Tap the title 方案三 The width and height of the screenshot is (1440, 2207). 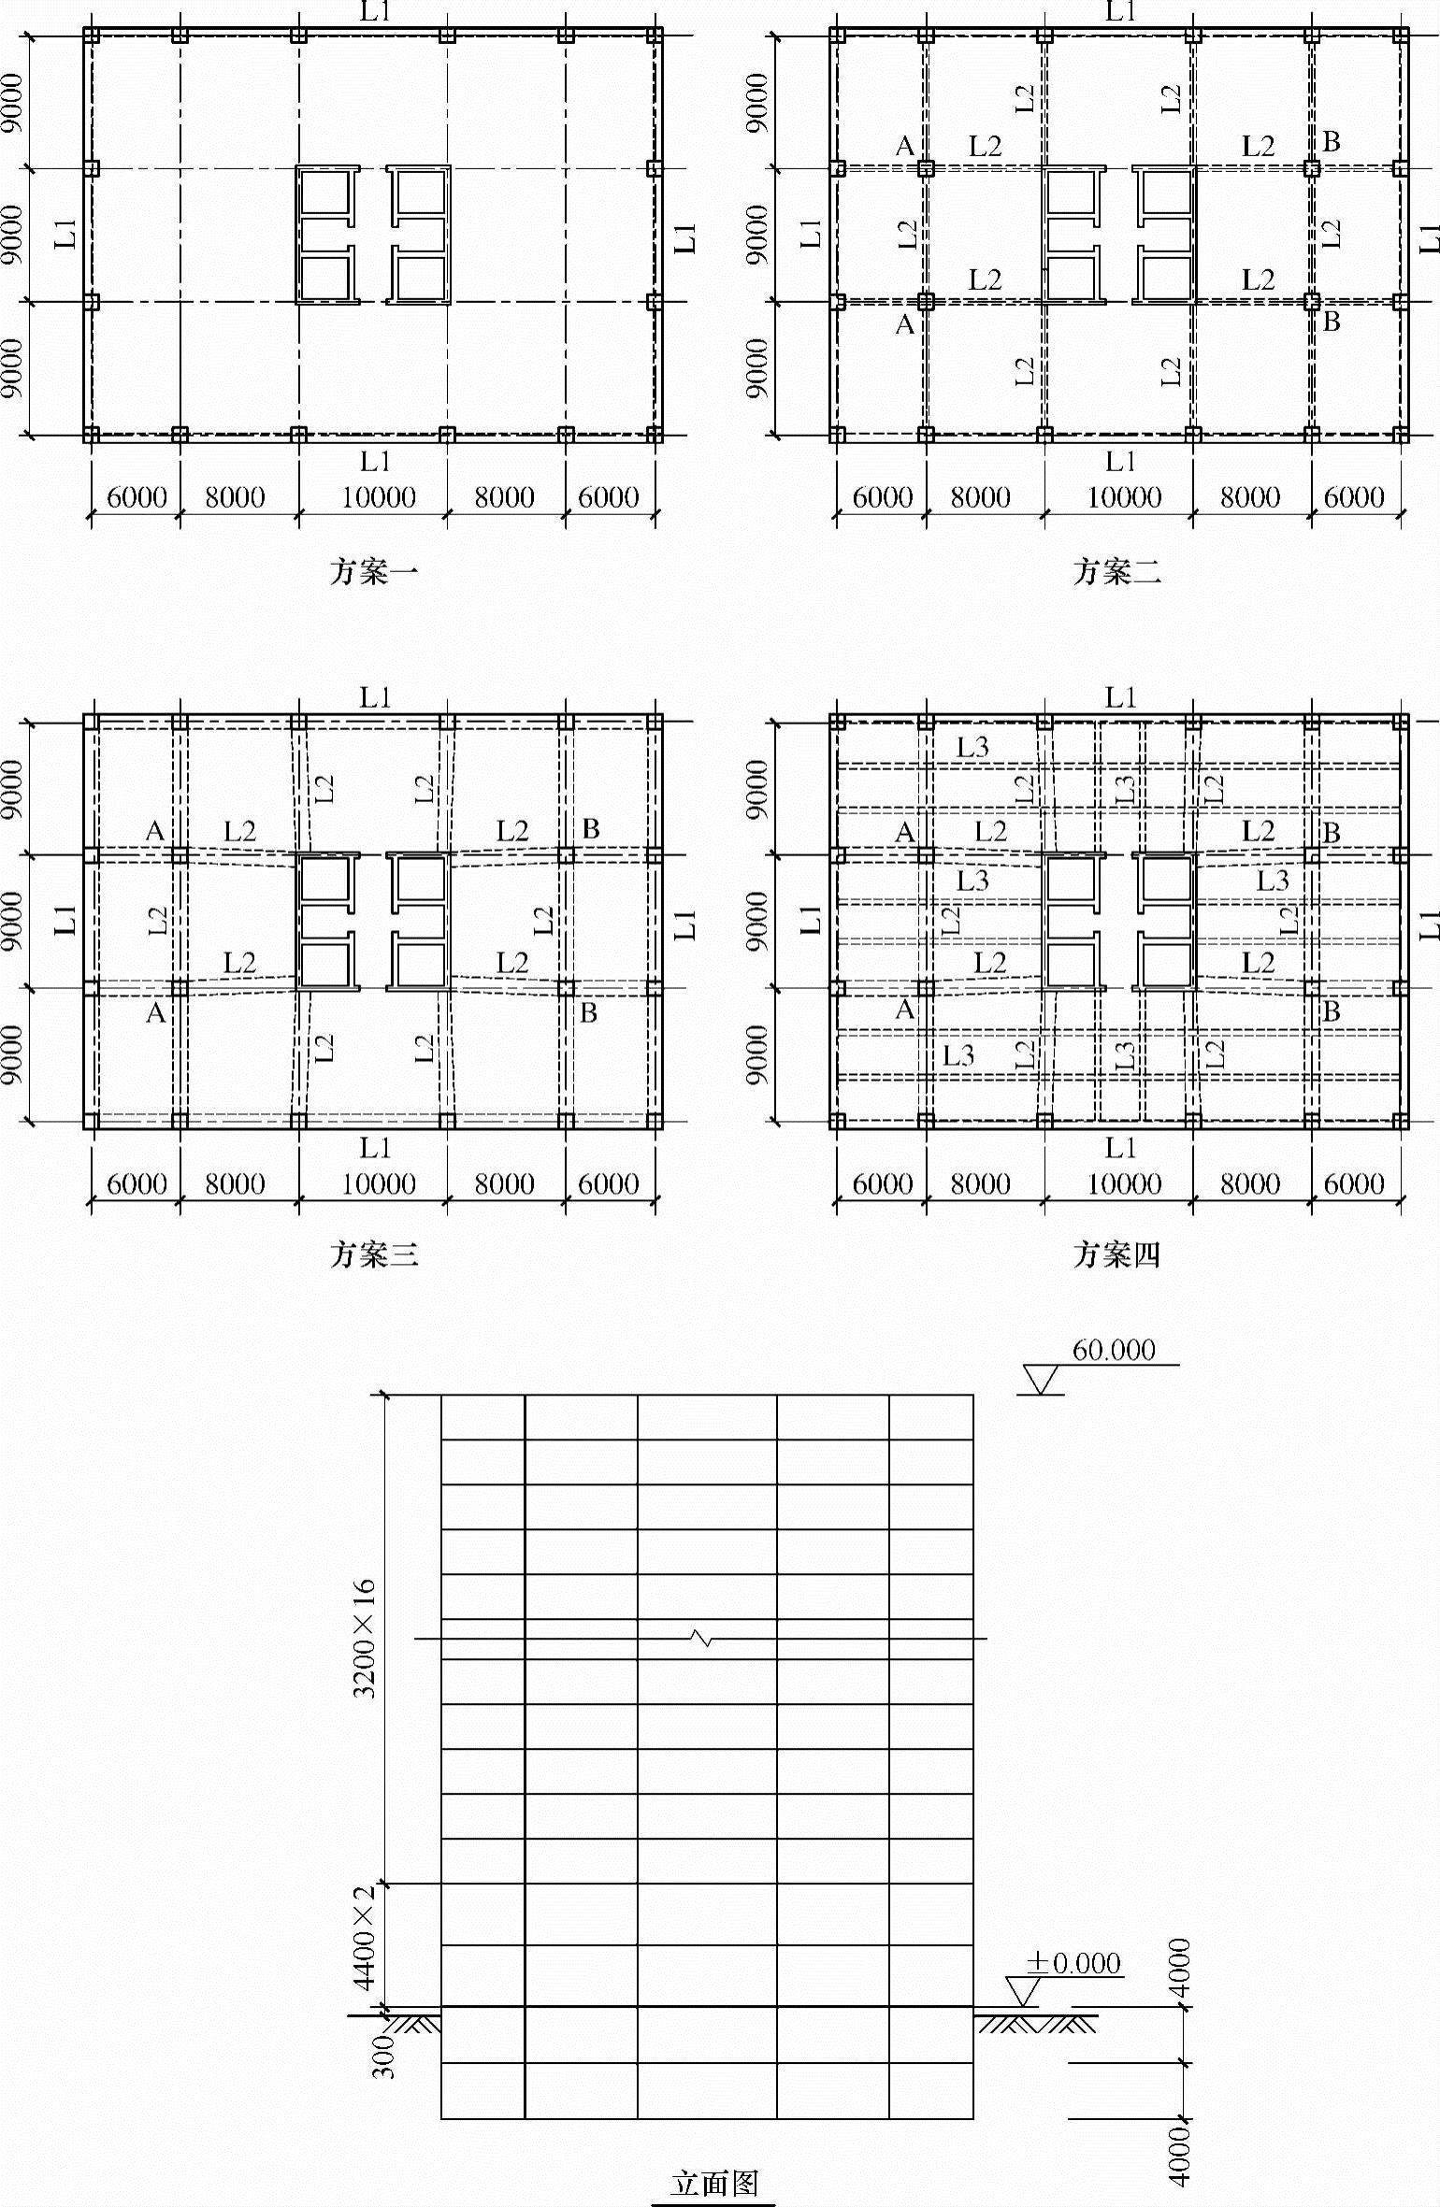[x=373, y=1254]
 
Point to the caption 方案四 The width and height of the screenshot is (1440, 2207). [x=1116, y=1254]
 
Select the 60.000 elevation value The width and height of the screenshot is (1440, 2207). [x=1114, y=1350]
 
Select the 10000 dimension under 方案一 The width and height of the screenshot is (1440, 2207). [x=378, y=497]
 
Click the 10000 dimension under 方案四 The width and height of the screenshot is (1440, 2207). [x=1123, y=1184]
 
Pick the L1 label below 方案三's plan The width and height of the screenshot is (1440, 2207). [x=375, y=1147]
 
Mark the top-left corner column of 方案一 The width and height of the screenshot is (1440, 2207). [x=91, y=36]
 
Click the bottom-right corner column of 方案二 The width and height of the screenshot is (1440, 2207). [x=1400, y=435]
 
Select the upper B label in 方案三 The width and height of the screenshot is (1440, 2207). [x=590, y=828]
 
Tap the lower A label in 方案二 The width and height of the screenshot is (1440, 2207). [x=904, y=324]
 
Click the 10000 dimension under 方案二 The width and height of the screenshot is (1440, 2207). [x=1123, y=497]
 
